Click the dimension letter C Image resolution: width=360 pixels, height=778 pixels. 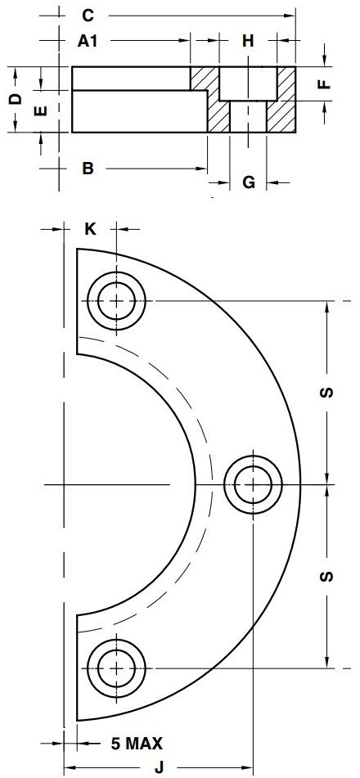(90, 15)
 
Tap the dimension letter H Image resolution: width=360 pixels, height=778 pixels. (249, 40)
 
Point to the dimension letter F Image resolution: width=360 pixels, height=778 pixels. (324, 83)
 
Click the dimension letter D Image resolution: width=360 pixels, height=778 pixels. (15, 100)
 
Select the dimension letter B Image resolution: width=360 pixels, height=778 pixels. (88, 169)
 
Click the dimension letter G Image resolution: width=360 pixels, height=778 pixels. (249, 182)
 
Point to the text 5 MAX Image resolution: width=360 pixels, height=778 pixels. (137, 744)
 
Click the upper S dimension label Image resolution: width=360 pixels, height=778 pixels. (326, 393)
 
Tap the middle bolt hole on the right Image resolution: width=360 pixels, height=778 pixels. (254, 485)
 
